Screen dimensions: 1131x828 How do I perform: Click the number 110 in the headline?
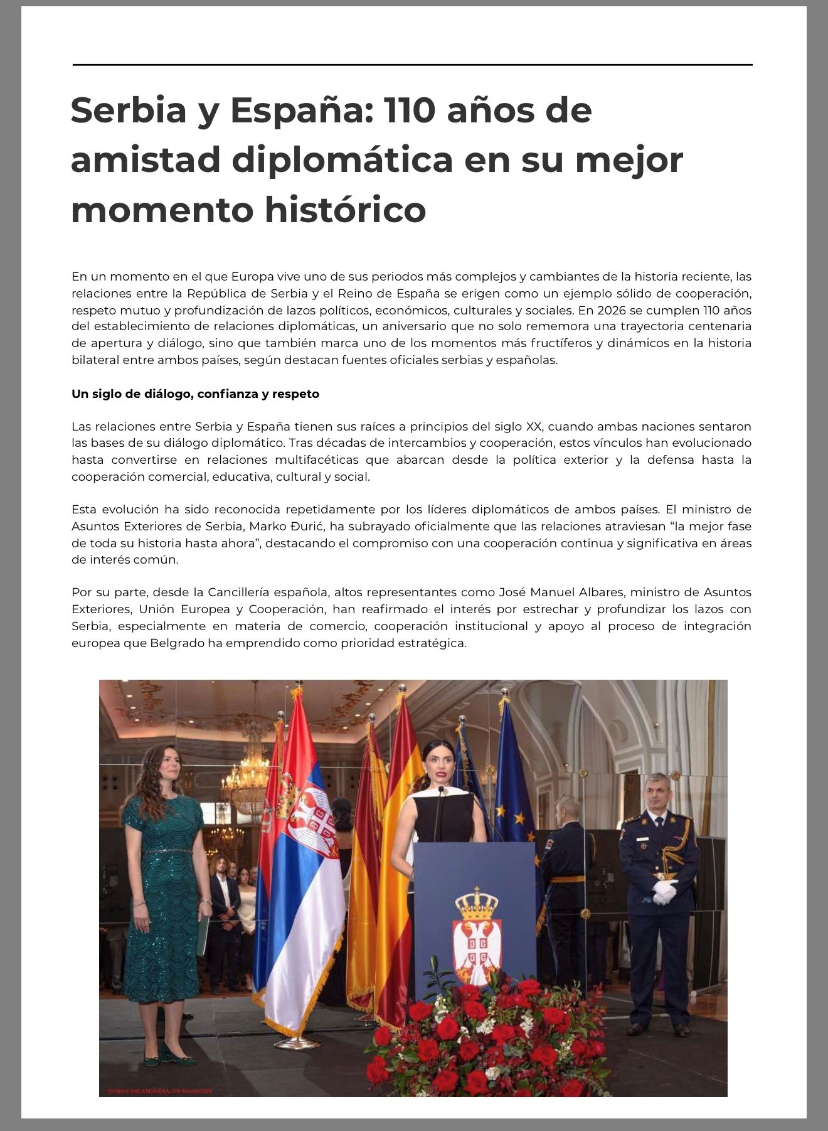[x=410, y=110]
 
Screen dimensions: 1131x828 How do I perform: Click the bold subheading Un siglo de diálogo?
[x=195, y=394]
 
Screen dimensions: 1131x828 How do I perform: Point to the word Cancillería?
[x=247, y=592]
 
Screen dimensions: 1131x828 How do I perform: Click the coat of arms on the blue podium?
[x=476, y=933]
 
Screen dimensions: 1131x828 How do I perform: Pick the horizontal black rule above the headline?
[x=412, y=65]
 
